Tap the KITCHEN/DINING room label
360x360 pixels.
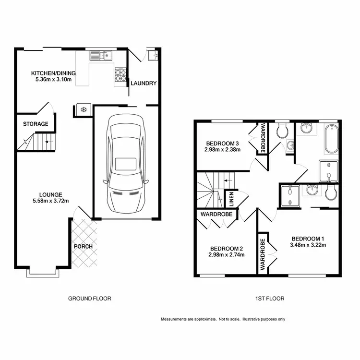pos(53,73)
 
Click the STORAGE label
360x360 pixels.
pos(36,124)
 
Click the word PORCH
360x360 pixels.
pos(83,247)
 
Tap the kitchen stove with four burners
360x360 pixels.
pos(120,75)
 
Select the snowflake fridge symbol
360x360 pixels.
pos(83,110)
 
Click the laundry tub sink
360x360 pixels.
pos(153,56)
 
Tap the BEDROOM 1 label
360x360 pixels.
pos(308,238)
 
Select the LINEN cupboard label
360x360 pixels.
pos(231,199)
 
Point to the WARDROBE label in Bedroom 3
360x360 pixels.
pos(263,138)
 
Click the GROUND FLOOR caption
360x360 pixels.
pos(90,299)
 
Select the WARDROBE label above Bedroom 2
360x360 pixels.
pos(214,214)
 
